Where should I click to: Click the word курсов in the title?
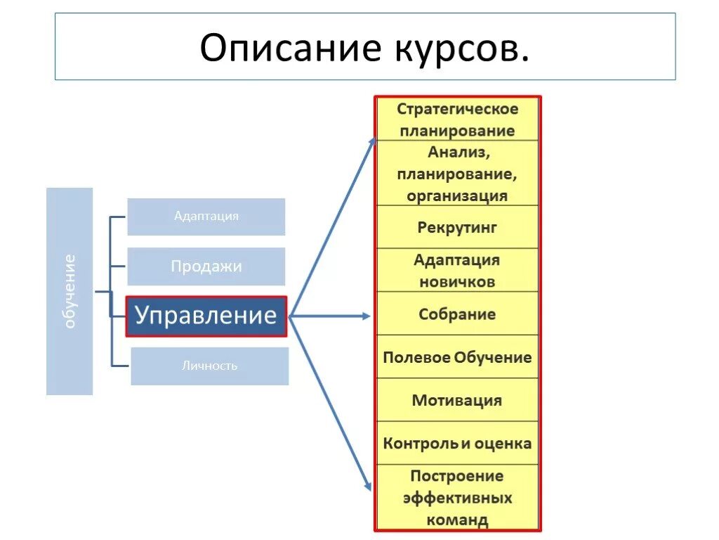(x=457, y=48)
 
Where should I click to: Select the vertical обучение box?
(x=70, y=291)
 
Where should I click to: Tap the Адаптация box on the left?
(x=206, y=217)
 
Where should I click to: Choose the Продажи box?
(x=206, y=266)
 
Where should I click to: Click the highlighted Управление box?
(x=206, y=316)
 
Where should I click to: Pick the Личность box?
(x=209, y=366)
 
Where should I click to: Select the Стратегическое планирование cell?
(x=457, y=120)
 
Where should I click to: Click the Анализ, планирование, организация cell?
(x=457, y=173)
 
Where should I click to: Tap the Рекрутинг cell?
(x=457, y=227)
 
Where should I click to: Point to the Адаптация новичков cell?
(x=457, y=271)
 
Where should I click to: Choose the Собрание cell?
(x=457, y=314)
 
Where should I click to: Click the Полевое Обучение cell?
(x=457, y=357)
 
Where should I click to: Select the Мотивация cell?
(x=457, y=401)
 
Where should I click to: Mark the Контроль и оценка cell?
(x=457, y=444)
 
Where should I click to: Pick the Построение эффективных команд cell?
(x=457, y=498)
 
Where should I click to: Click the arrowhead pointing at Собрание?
(x=365, y=316)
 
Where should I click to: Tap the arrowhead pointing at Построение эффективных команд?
(x=367, y=486)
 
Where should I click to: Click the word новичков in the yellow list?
(x=457, y=282)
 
